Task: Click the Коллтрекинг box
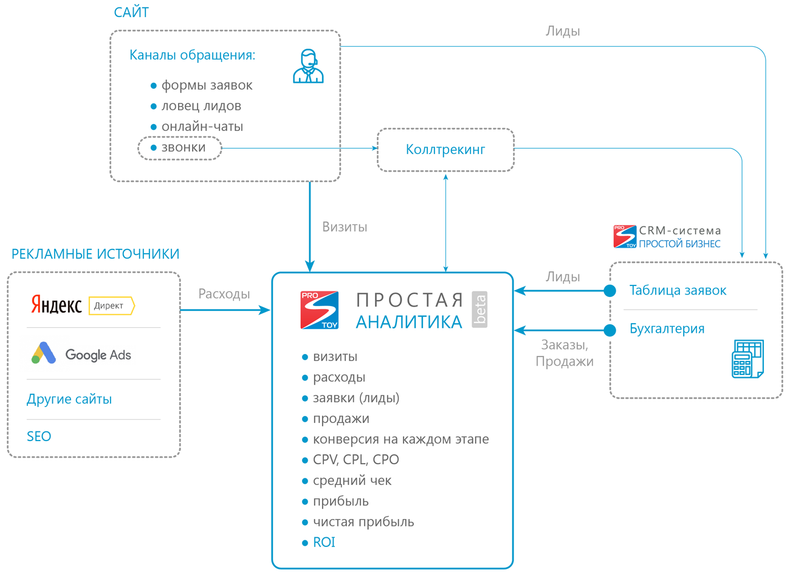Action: point(445,150)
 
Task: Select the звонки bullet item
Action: point(180,148)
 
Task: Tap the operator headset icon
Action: point(308,66)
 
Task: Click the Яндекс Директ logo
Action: point(82,305)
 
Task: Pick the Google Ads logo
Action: point(81,354)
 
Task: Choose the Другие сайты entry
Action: point(69,399)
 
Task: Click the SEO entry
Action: point(39,436)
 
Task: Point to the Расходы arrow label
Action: point(224,294)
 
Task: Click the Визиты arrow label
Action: point(345,227)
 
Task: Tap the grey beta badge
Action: point(480,309)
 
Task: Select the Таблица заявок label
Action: point(678,290)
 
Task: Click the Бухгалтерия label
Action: point(667,329)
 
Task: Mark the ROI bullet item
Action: point(324,542)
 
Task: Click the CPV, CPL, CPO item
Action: point(355,459)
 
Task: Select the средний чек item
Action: point(352,480)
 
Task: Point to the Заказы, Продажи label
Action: point(565,353)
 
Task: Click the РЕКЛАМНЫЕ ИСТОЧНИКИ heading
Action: point(95,254)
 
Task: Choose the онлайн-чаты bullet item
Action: point(202,127)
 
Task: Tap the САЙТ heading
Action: point(131,12)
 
